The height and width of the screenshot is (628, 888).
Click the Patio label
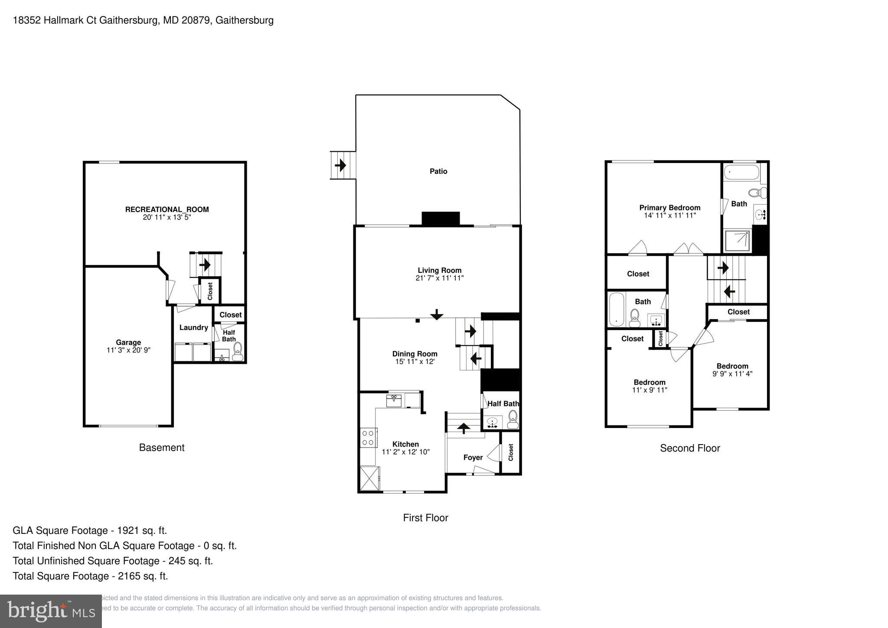click(438, 171)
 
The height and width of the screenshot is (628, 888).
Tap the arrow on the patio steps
click(340, 165)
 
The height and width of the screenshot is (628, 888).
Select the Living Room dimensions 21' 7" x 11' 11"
click(439, 278)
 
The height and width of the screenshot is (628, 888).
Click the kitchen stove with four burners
click(368, 437)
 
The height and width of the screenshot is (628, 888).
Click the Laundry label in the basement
click(193, 327)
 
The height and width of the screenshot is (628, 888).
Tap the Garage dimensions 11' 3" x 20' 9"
click(128, 350)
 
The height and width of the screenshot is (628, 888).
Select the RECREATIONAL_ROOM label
click(167, 209)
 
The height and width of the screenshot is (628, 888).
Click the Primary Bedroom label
click(669, 208)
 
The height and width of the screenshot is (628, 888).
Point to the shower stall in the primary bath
click(738, 241)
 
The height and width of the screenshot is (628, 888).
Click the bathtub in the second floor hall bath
click(616, 309)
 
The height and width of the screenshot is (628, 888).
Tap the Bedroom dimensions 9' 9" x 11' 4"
click(732, 373)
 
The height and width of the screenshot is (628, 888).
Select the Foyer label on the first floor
click(473, 458)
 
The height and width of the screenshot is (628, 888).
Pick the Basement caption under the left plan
click(162, 448)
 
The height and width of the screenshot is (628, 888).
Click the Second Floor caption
click(689, 448)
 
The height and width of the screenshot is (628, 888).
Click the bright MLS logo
click(51, 611)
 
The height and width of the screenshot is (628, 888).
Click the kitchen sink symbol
click(394, 400)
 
